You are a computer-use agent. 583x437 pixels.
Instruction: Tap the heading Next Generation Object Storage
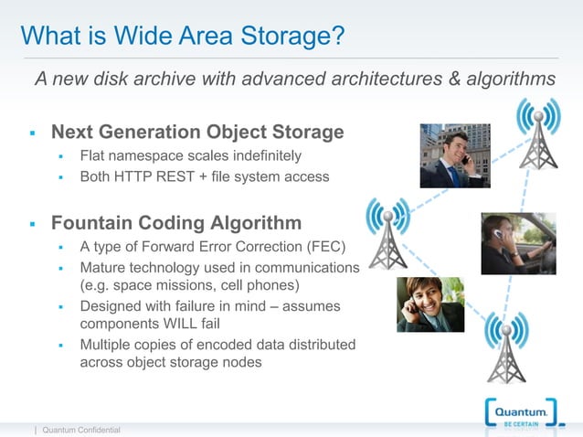click(197, 133)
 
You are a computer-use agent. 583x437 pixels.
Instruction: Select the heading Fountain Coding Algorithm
click(176, 223)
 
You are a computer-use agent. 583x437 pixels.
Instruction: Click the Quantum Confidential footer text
click(81, 430)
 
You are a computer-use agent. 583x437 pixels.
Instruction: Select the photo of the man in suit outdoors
click(455, 156)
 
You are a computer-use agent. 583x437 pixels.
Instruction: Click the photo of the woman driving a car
click(518, 243)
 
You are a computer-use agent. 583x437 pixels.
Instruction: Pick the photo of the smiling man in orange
click(431, 304)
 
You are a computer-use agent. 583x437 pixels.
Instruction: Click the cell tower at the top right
click(537, 135)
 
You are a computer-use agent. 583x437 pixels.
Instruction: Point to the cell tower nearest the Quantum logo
click(506, 346)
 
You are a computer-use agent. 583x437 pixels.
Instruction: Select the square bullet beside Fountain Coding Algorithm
click(31, 224)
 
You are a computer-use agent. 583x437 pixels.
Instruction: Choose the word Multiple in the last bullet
click(106, 344)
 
